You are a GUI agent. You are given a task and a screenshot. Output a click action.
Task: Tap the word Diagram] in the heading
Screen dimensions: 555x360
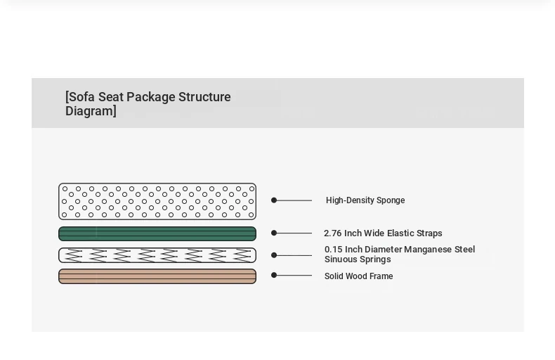point(91,111)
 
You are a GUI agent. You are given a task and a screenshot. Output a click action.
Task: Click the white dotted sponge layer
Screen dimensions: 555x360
point(157,201)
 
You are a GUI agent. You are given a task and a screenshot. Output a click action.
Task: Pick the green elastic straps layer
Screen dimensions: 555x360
point(157,234)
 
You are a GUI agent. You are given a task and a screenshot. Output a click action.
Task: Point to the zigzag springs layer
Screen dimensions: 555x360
point(157,255)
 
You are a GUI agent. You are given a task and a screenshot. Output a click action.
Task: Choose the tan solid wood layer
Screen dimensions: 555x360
point(157,276)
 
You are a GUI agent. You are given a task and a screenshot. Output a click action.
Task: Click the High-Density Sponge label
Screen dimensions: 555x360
point(365,200)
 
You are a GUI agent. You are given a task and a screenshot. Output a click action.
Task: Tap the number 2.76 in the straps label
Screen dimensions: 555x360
point(333,233)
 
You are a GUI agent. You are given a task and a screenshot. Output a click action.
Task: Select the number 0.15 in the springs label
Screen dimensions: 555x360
point(334,250)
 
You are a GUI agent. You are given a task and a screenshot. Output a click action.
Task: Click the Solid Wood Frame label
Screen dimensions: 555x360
point(358,276)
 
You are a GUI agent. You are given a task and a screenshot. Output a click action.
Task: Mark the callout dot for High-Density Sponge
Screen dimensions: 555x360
point(274,200)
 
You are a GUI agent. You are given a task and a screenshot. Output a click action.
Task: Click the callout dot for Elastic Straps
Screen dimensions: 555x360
point(274,233)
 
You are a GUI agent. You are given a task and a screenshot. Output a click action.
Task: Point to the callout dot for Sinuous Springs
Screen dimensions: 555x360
point(274,255)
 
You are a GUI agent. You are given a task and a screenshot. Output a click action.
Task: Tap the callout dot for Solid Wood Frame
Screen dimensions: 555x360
point(274,275)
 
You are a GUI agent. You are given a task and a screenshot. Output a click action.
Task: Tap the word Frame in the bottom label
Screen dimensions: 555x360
point(381,276)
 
